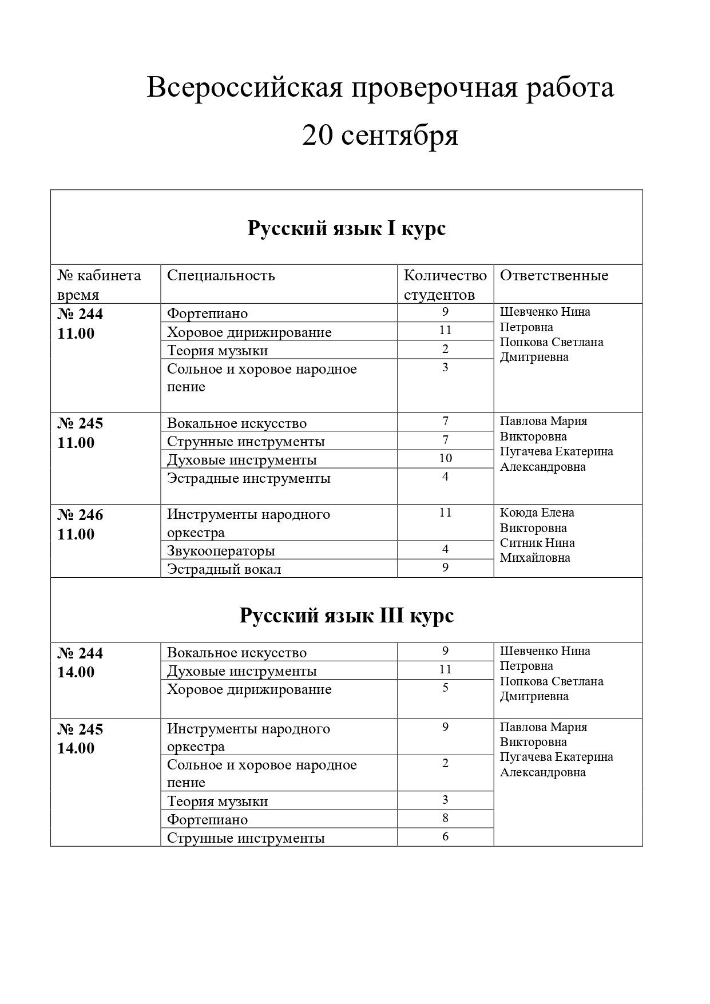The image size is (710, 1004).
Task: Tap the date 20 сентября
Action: [380, 136]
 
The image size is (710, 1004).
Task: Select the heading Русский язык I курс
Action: [346, 228]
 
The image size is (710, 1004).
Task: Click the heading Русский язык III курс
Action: [346, 616]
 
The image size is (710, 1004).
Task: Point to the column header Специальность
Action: [221, 275]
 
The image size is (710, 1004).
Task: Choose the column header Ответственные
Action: [554, 275]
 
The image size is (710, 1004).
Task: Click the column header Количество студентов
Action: [445, 285]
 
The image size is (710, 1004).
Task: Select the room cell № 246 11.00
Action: [80, 525]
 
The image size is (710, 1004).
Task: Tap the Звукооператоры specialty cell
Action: [221, 551]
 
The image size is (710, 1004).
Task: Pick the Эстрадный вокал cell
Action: [224, 569]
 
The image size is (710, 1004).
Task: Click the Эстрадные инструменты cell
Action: [248, 478]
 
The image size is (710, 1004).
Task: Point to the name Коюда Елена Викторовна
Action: [537, 520]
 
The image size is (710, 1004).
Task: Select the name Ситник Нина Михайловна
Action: [537, 550]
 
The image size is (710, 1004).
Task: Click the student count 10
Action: [445, 458]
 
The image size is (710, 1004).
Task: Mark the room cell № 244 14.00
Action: [80, 662]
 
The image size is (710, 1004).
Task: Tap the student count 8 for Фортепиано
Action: [445, 818]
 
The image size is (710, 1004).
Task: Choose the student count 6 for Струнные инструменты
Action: [445, 836]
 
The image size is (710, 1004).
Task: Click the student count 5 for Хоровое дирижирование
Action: [445, 688]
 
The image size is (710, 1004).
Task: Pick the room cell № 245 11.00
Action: [80, 433]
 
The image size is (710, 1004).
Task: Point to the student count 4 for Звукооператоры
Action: [445, 550]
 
